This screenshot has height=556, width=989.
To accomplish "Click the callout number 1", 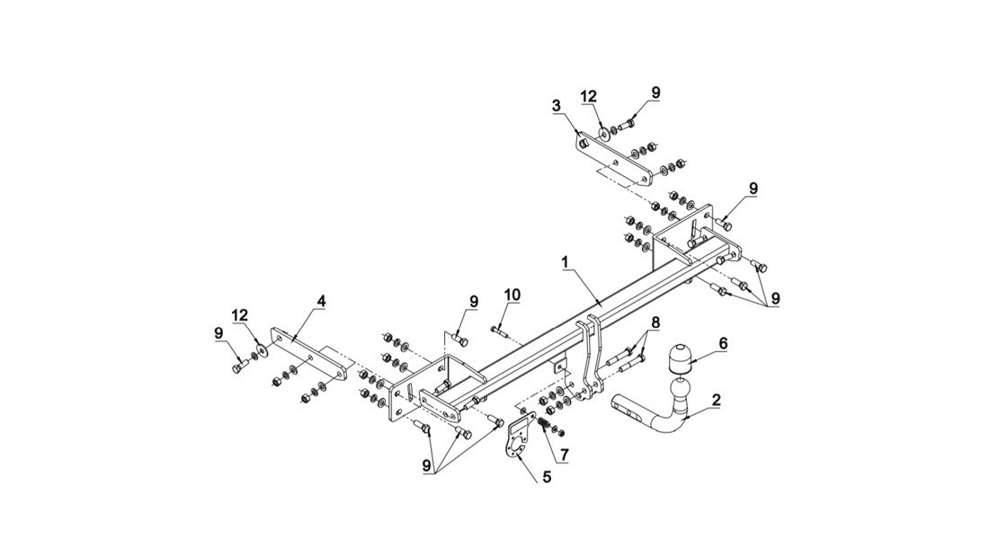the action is pyautogui.click(x=566, y=260).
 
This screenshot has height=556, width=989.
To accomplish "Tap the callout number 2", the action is pyautogui.click(x=716, y=400).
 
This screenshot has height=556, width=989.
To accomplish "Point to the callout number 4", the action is pyautogui.click(x=321, y=301).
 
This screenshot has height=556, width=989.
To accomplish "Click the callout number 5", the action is pyautogui.click(x=547, y=477).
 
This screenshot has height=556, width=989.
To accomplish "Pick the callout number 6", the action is pyautogui.click(x=723, y=343).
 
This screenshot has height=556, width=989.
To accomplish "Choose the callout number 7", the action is pyautogui.click(x=564, y=454).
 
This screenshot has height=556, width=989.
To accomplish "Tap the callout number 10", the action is pyautogui.click(x=512, y=295).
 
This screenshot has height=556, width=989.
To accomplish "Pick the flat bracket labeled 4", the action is pyautogui.click(x=309, y=354).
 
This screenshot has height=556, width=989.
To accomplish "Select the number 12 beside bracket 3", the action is pyautogui.click(x=589, y=96).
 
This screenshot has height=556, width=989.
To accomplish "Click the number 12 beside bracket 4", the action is pyautogui.click(x=240, y=316).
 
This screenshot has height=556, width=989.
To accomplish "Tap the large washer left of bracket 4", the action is pyautogui.click(x=261, y=350).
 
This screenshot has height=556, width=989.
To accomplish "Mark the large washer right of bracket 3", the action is pyautogui.click(x=602, y=132).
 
